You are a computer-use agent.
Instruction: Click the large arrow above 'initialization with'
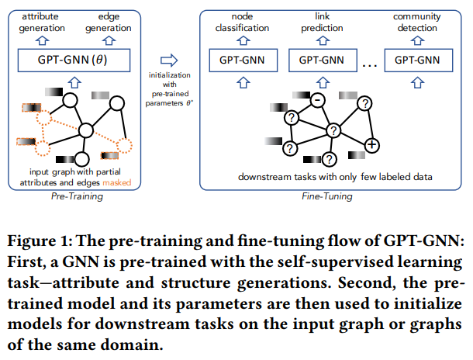point(169,60)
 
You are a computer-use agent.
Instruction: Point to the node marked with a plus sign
point(371,145)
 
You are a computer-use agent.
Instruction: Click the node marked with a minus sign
point(317,100)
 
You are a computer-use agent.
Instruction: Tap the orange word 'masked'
point(117,182)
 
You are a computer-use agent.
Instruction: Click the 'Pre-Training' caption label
point(77,196)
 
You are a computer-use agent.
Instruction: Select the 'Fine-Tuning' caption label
point(327,196)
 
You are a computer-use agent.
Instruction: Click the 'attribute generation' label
point(42,22)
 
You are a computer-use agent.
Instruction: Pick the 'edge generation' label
point(109,22)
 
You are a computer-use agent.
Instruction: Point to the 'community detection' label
point(417,22)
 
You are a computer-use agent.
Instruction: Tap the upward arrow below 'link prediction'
point(323,40)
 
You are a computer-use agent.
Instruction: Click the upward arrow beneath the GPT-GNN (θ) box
point(74,82)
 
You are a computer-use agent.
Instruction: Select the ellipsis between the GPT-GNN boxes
point(370,65)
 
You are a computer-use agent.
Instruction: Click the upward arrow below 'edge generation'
point(109,40)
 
